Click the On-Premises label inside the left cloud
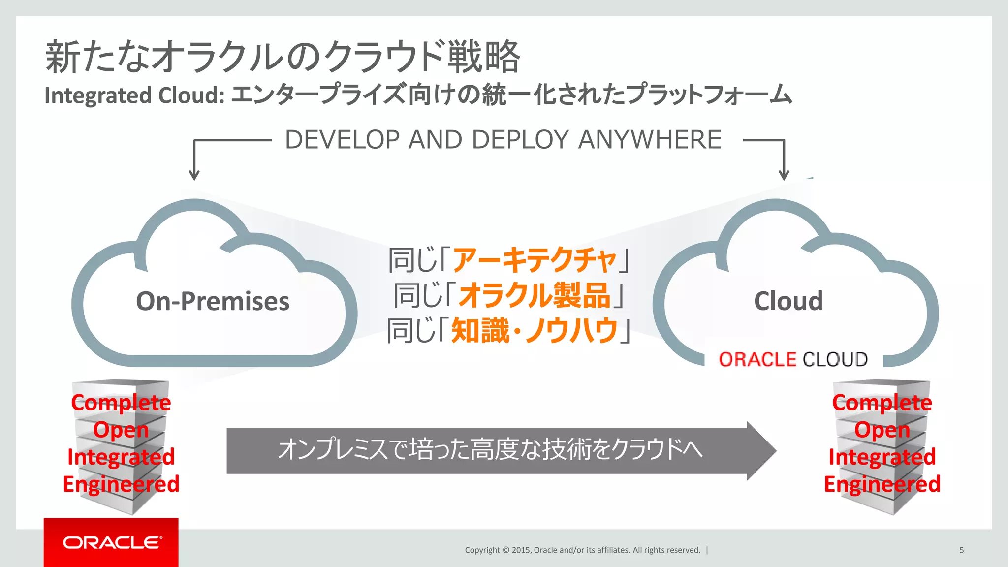[213, 301]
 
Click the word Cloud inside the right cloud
[788, 301]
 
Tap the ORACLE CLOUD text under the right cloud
[793, 359]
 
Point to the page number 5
[961, 550]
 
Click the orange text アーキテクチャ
[534, 260]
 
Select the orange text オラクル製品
[534, 295]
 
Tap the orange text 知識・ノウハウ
[534, 330]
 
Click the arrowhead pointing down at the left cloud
[194, 175]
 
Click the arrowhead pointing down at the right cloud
[784, 175]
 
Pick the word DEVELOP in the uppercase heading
[342, 140]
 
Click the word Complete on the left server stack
[121, 403]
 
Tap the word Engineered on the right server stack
[882, 484]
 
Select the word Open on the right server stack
[882, 430]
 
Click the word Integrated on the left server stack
[121, 457]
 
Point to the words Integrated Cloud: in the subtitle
[134, 95]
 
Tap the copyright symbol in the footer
[506, 550]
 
